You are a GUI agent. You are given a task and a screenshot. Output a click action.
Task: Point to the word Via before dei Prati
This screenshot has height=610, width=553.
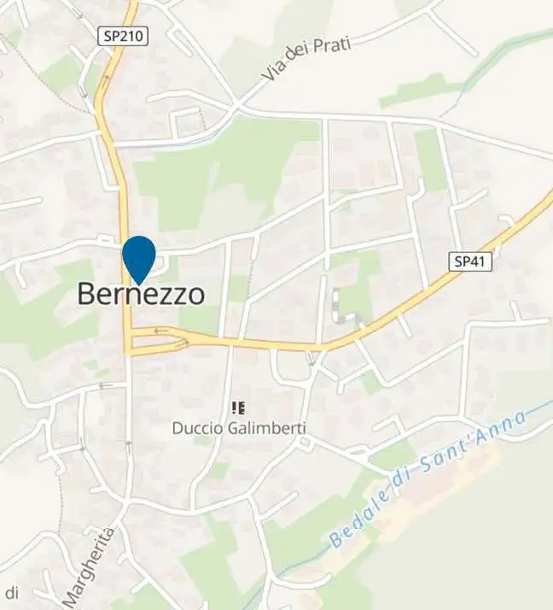(274, 74)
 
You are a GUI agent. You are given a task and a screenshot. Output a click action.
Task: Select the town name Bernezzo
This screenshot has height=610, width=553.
(141, 294)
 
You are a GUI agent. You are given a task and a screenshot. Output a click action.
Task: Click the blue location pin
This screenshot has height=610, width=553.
(139, 258)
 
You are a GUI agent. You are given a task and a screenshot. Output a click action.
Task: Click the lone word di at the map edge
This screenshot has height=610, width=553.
(12, 592)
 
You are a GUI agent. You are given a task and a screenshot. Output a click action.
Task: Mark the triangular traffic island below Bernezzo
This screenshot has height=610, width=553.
(159, 339)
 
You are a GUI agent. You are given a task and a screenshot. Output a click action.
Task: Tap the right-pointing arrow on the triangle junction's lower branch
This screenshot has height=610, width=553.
(181, 344)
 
